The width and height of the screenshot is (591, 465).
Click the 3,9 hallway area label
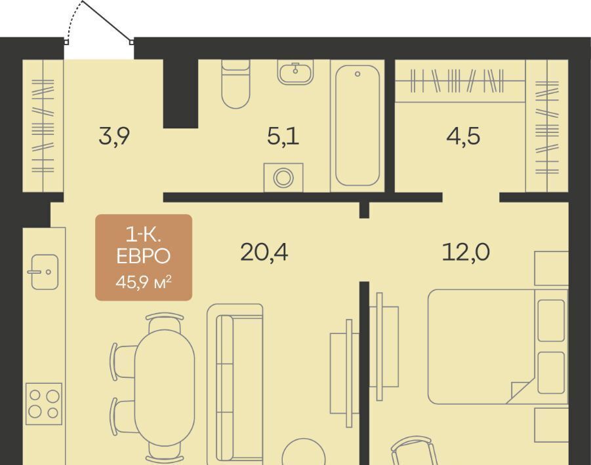tap(114, 136)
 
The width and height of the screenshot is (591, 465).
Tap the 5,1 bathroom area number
tap(283, 136)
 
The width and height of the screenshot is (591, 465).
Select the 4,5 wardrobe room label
tap(463, 136)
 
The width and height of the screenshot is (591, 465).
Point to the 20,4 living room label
tap(264, 252)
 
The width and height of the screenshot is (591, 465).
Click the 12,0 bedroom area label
tap(466, 252)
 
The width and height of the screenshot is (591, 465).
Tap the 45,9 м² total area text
tap(144, 282)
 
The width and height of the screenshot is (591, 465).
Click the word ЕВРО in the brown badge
tap(144, 256)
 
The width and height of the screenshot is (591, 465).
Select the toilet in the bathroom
tap(235, 84)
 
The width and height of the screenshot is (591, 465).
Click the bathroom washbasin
tap(295, 73)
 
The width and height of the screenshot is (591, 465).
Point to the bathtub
tap(357, 126)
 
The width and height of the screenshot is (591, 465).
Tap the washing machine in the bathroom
tap(283, 177)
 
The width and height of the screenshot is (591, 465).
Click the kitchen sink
tap(44, 272)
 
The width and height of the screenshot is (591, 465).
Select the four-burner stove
tap(44, 403)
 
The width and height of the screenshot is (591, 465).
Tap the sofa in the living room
tap(235, 384)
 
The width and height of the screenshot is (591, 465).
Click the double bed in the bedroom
tap(497, 346)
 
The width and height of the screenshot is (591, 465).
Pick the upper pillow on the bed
tap(551, 320)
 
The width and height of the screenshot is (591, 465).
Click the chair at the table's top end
tap(165, 322)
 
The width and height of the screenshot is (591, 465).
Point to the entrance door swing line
tap(107, 21)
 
